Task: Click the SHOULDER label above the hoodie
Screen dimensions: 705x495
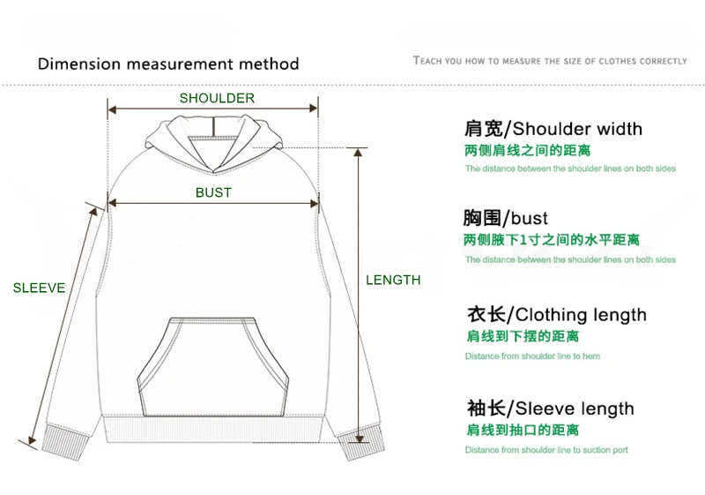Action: tap(217, 98)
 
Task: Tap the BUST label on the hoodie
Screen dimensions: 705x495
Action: tap(213, 192)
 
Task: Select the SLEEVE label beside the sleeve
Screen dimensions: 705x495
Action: tap(39, 288)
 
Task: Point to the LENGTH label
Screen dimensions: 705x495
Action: tap(393, 280)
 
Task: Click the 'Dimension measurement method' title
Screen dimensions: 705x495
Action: tap(168, 64)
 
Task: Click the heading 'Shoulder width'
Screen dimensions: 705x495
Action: tap(577, 129)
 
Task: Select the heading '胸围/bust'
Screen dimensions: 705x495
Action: tap(505, 218)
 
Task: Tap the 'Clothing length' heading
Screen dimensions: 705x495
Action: tap(581, 315)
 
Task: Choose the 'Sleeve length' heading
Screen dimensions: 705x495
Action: tap(575, 409)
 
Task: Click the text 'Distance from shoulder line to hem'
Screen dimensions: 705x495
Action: tap(532, 356)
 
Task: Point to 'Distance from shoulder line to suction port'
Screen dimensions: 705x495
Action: tap(546, 449)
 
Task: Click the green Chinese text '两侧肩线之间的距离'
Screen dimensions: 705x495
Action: tap(527, 150)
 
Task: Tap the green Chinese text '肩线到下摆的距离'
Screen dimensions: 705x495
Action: tap(523, 336)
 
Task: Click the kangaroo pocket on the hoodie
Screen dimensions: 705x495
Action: tap(212, 367)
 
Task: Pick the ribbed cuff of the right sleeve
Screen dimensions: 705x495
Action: tap(362, 443)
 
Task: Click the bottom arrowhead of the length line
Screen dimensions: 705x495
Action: tap(359, 439)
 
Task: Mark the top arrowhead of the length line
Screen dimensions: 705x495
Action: tap(358, 153)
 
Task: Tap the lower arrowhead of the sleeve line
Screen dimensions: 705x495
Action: tap(32, 439)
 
